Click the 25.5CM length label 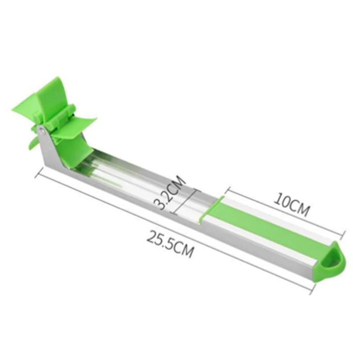171,244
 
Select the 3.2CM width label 170,193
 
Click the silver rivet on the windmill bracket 42,131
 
